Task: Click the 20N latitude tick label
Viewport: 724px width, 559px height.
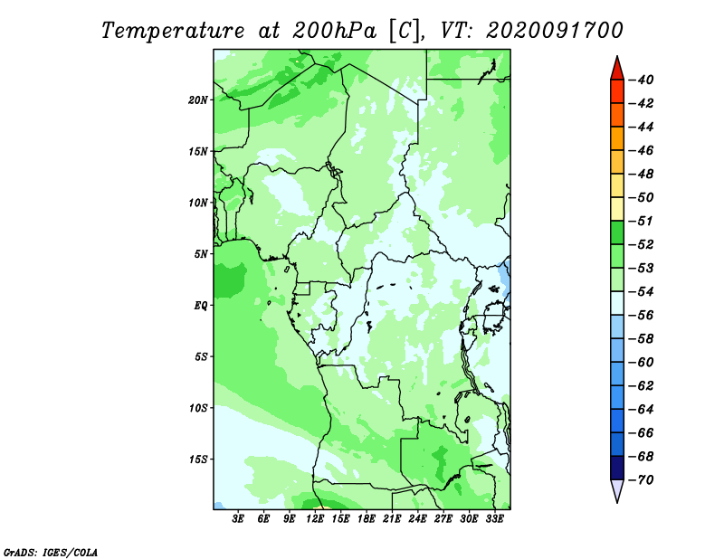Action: [198, 100]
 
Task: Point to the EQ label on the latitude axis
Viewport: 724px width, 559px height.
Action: [201, 306]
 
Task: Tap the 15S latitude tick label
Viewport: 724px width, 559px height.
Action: [198, 460]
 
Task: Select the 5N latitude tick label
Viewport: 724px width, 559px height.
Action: [201, 254]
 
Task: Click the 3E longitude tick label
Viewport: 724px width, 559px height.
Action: [238, 518]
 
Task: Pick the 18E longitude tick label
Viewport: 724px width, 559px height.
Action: [367, 518]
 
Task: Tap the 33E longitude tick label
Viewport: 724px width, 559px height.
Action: [494, 518]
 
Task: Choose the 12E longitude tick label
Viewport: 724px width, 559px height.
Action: [315, 518]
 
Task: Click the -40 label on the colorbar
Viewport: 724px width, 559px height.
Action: [642, 80]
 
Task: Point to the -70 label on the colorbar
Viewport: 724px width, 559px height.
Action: [642, 480]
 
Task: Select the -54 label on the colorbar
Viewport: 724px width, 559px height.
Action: [642, 292]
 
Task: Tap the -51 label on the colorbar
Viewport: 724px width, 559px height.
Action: [642, 221]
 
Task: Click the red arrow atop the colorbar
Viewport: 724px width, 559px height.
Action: [617, 70]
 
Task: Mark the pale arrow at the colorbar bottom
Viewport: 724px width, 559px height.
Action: [617, 489]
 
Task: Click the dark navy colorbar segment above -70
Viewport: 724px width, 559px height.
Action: [617, 468]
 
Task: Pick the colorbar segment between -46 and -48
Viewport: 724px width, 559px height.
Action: [617, 162]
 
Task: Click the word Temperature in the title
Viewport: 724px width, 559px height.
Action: [173, 31]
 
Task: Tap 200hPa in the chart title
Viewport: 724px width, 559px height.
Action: [334, 31]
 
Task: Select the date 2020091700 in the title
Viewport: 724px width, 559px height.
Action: [555, 31]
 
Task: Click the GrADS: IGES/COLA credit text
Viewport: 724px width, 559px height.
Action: [51, 552]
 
